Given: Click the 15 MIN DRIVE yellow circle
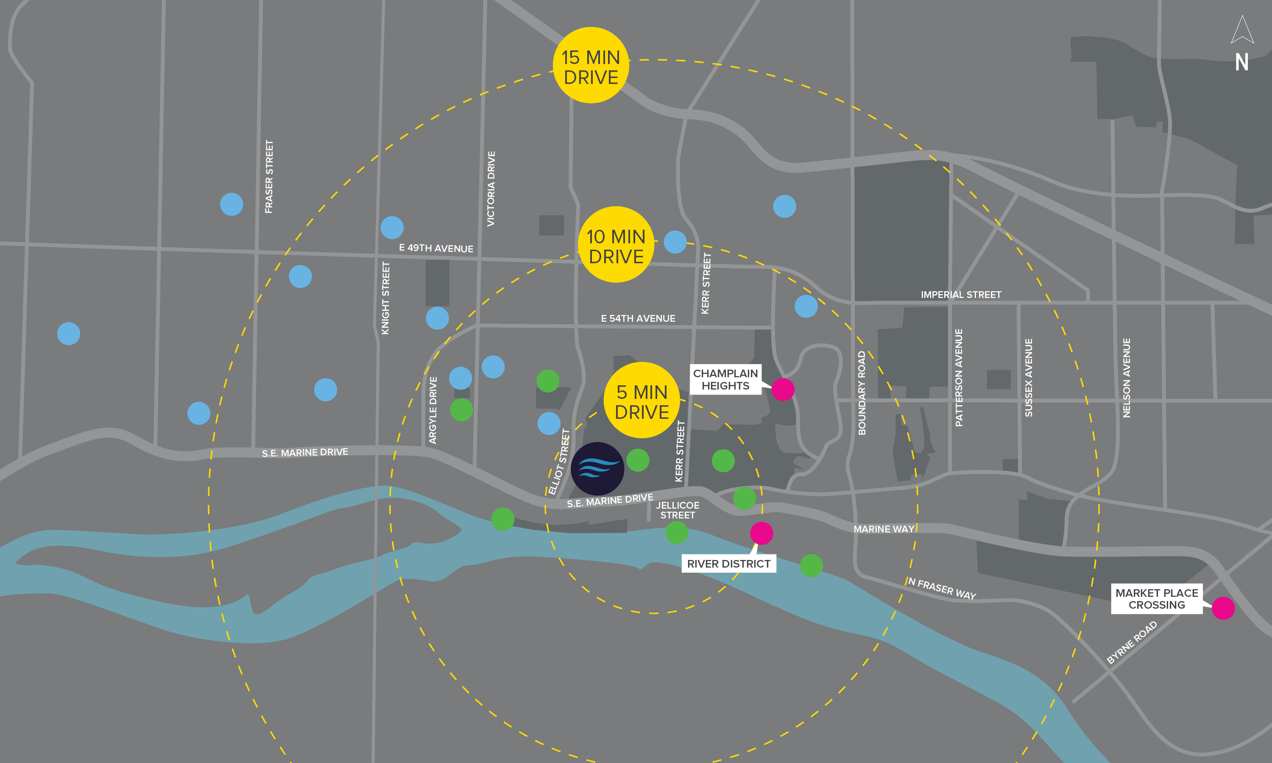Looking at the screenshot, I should point(591,65).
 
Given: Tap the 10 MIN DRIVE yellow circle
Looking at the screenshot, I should point(616,245).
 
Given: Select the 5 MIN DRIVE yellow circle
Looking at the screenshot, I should point(642,401).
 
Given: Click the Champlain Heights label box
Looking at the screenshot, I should point(725,380).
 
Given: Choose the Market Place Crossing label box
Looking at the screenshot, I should point(1156,599).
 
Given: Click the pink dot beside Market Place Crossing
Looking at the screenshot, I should point(1223,608).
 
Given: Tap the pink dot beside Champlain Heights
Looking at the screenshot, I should point(783,389).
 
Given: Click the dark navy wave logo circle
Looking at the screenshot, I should point(597,468).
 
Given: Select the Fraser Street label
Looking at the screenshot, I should point(269,176).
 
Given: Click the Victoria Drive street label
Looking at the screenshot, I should point(491,189).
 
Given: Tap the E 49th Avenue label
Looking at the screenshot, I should point(436,248).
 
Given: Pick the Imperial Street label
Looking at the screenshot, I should point(961,295).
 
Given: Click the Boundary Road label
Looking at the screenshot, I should point(862,393).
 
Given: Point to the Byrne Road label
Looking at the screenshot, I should point(1132,642).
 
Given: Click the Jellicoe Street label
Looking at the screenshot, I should point(678,510).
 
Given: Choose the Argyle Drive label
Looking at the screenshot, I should point(433,410).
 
